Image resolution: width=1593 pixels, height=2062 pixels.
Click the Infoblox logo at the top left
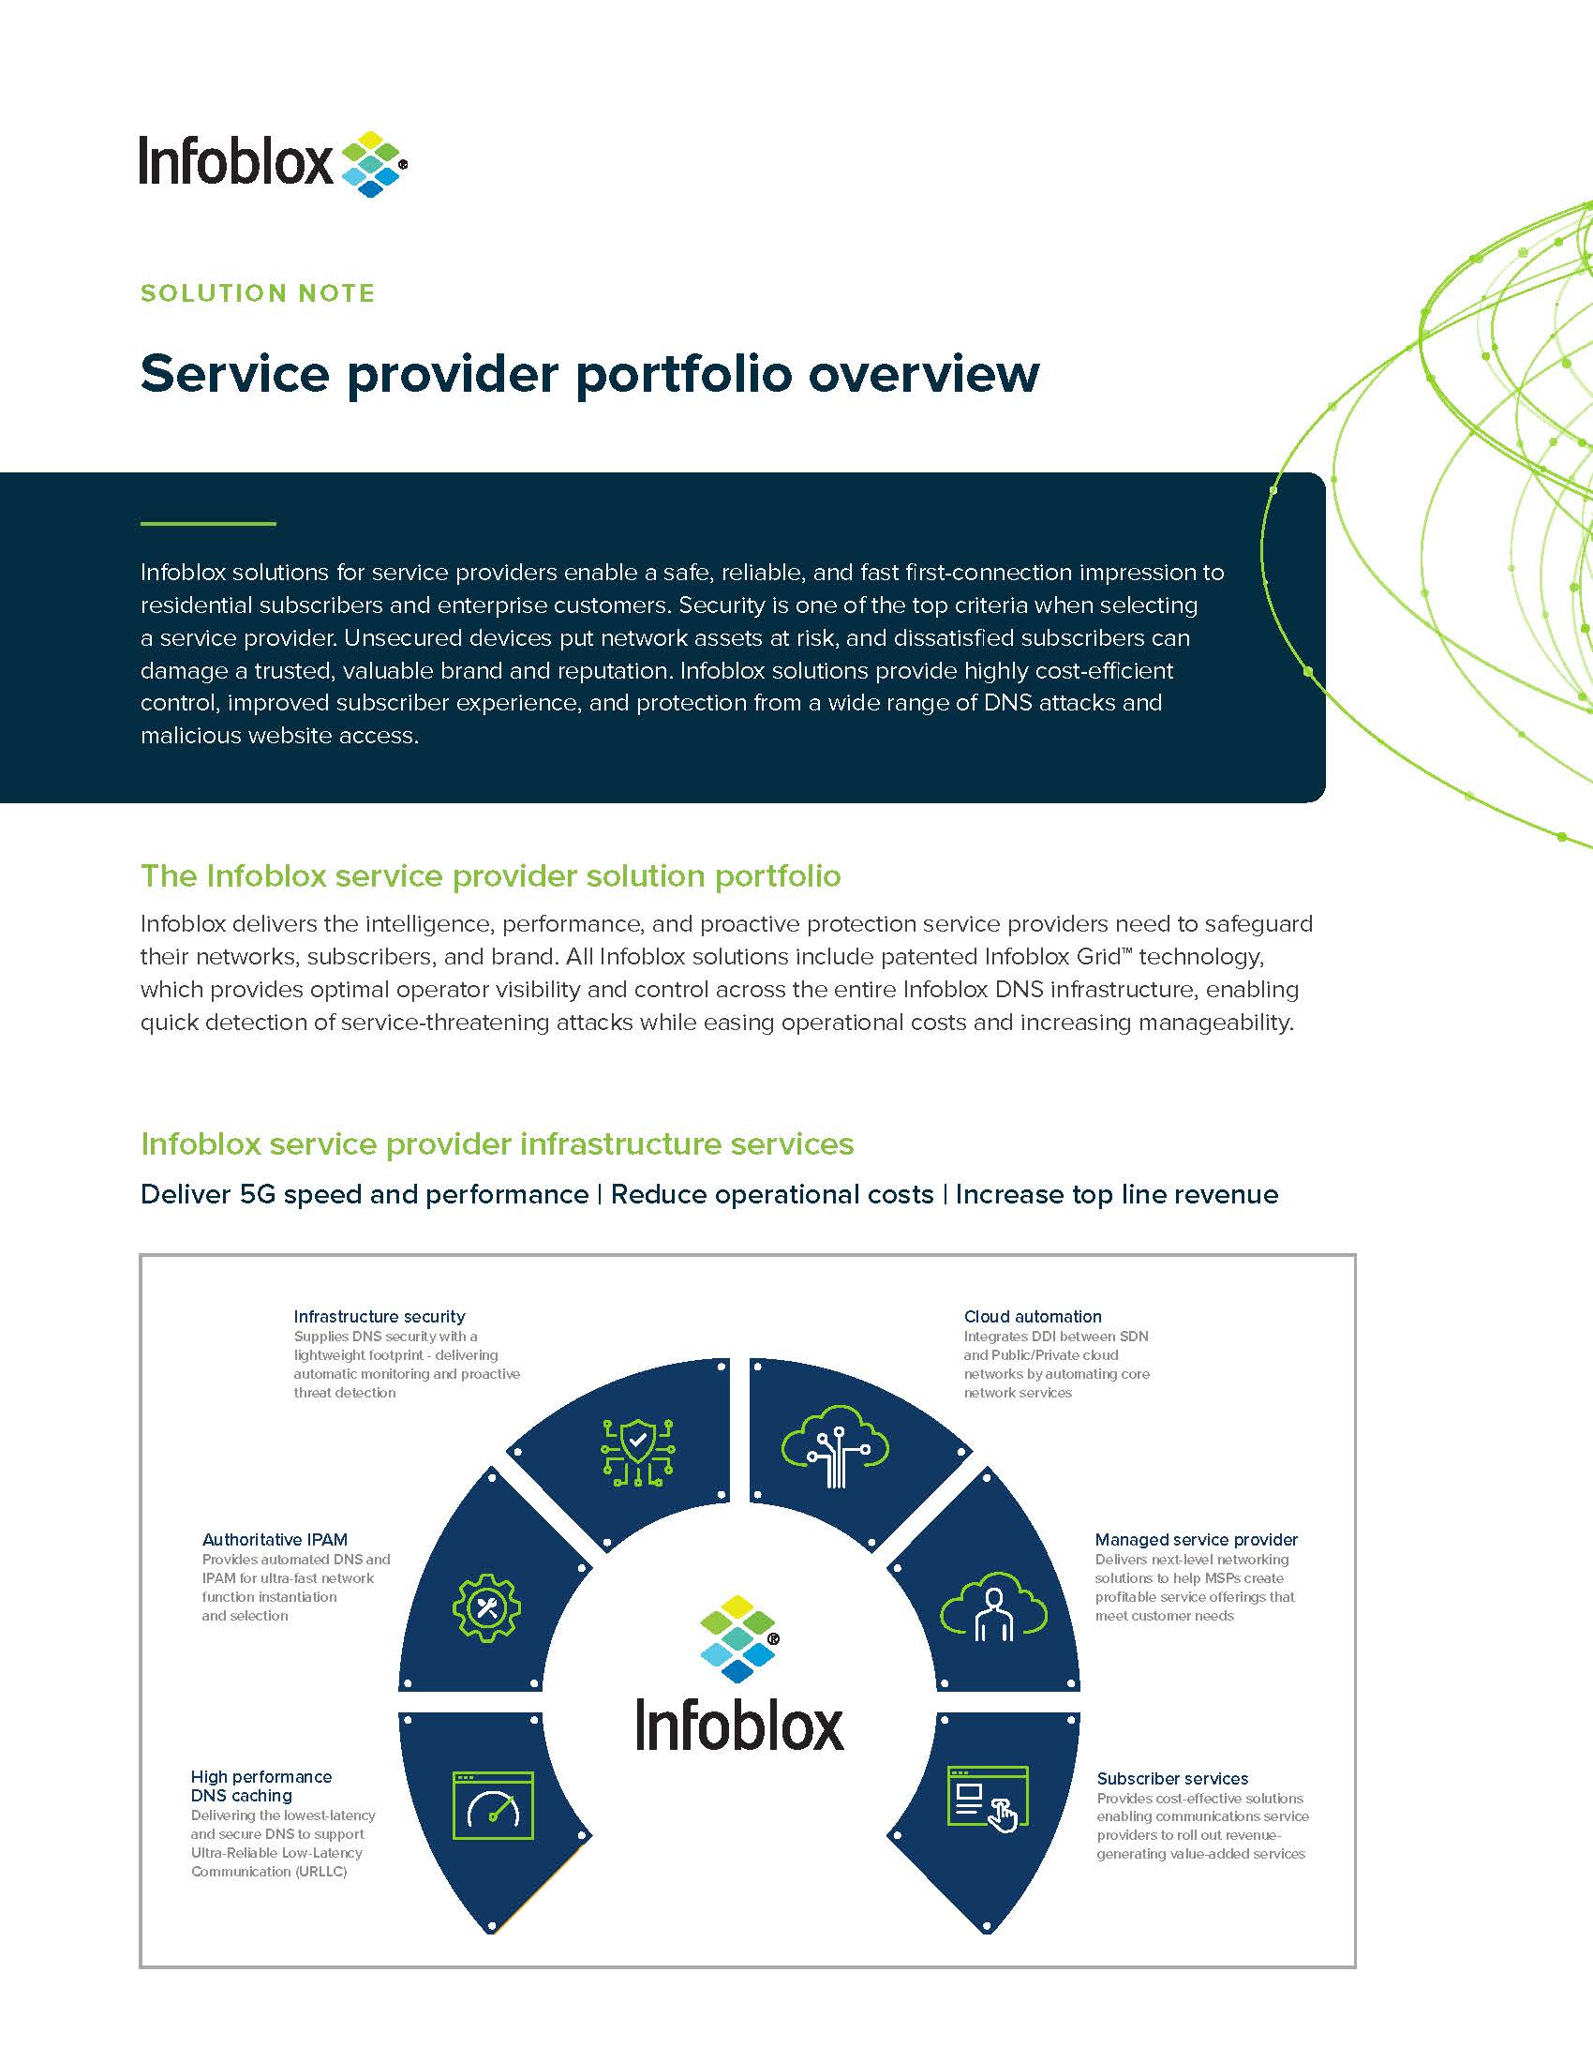pos(273,163)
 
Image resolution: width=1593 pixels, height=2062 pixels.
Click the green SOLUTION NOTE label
pos(258,293)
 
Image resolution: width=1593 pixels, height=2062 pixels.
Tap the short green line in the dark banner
pos(208,523)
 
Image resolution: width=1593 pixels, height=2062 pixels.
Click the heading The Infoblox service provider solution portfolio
pos(490,876)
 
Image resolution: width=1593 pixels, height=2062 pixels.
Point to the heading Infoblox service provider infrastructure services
pos(497,1144)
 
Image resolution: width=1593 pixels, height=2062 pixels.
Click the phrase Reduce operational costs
pos(772,1194)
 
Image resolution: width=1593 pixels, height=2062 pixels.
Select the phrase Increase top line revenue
pos(1116,1194)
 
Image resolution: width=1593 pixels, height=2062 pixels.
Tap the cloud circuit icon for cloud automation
pos(835,1447)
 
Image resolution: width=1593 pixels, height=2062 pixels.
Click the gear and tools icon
pos(487,1607)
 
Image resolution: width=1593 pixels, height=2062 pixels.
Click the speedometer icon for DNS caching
pos(493,1806)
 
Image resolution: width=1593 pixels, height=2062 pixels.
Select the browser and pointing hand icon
pos(987,1799)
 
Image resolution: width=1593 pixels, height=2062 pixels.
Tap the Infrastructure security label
pos(380,1316)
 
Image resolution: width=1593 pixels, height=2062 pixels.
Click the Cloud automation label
pos(1033,1316)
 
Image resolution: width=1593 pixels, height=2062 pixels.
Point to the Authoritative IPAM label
pos(275,1540)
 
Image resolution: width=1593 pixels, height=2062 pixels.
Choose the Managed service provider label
pos(1196,1540)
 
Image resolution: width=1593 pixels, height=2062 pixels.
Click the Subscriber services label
pos(1172,1779)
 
